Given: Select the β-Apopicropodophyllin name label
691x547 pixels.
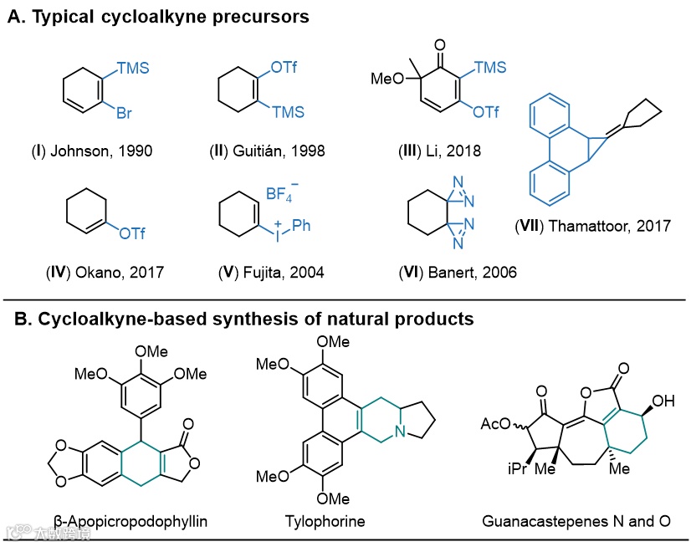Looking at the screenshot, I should (x=131, y=521).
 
